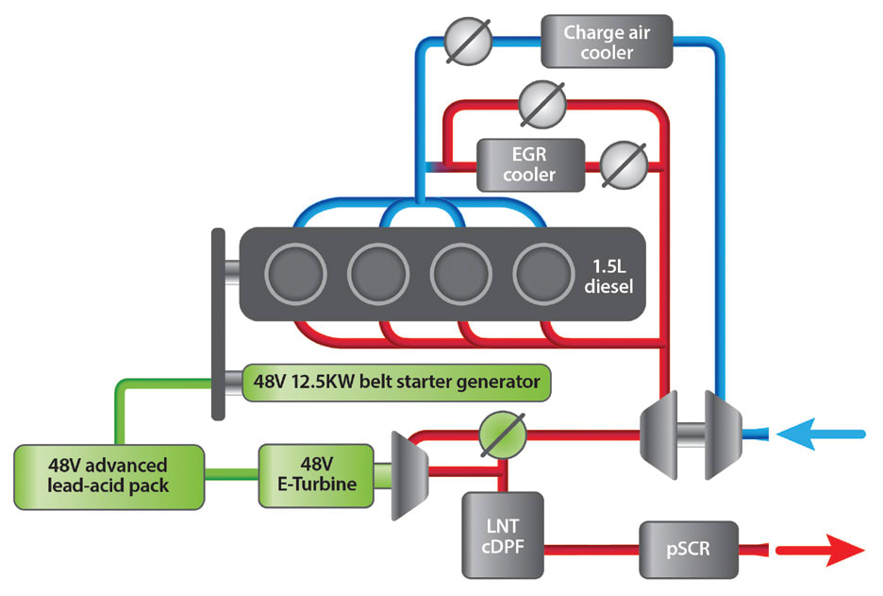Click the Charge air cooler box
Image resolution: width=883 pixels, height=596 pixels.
point(607,41)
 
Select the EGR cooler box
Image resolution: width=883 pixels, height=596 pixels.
point(530,162)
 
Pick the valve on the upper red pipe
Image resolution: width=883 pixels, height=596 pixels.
point(541,101)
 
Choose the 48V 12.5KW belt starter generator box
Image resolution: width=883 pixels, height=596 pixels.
point(396,383)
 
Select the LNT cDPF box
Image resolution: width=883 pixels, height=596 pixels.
point(503,535)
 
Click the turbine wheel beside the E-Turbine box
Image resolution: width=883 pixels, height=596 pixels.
point(407,472)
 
